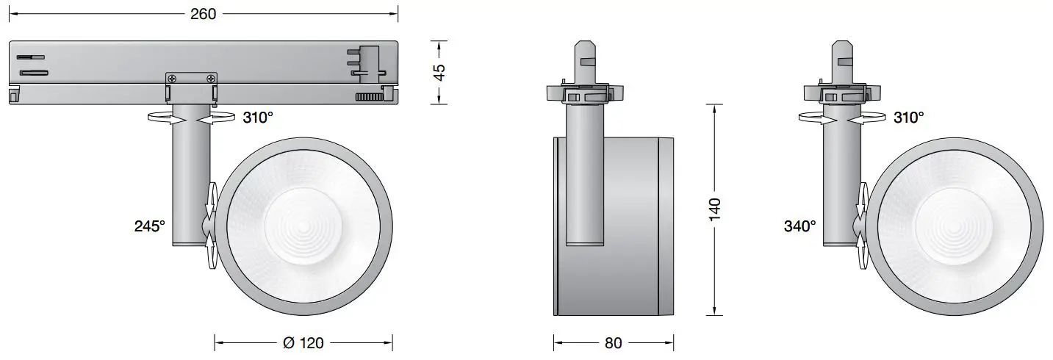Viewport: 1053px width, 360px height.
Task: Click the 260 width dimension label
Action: point(203,14)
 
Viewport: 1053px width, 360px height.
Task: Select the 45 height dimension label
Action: point(439,72)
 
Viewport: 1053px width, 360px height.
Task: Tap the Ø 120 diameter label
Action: point(303,342)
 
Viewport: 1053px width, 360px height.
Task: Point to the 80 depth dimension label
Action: point(613,342)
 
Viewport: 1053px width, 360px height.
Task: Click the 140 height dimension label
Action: point(716,210)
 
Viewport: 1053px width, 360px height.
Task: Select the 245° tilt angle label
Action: point(149,227)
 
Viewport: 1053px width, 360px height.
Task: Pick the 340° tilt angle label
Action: point(799,227)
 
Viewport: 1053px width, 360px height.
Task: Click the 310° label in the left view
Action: point(258,118)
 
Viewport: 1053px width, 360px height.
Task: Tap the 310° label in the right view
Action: point(908,118)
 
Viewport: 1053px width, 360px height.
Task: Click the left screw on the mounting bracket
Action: point(172,79)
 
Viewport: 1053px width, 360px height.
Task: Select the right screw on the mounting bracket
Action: point(211,79)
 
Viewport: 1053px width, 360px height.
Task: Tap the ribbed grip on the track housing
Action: point(369,97)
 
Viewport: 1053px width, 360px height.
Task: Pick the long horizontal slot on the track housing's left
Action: point(34,72)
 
